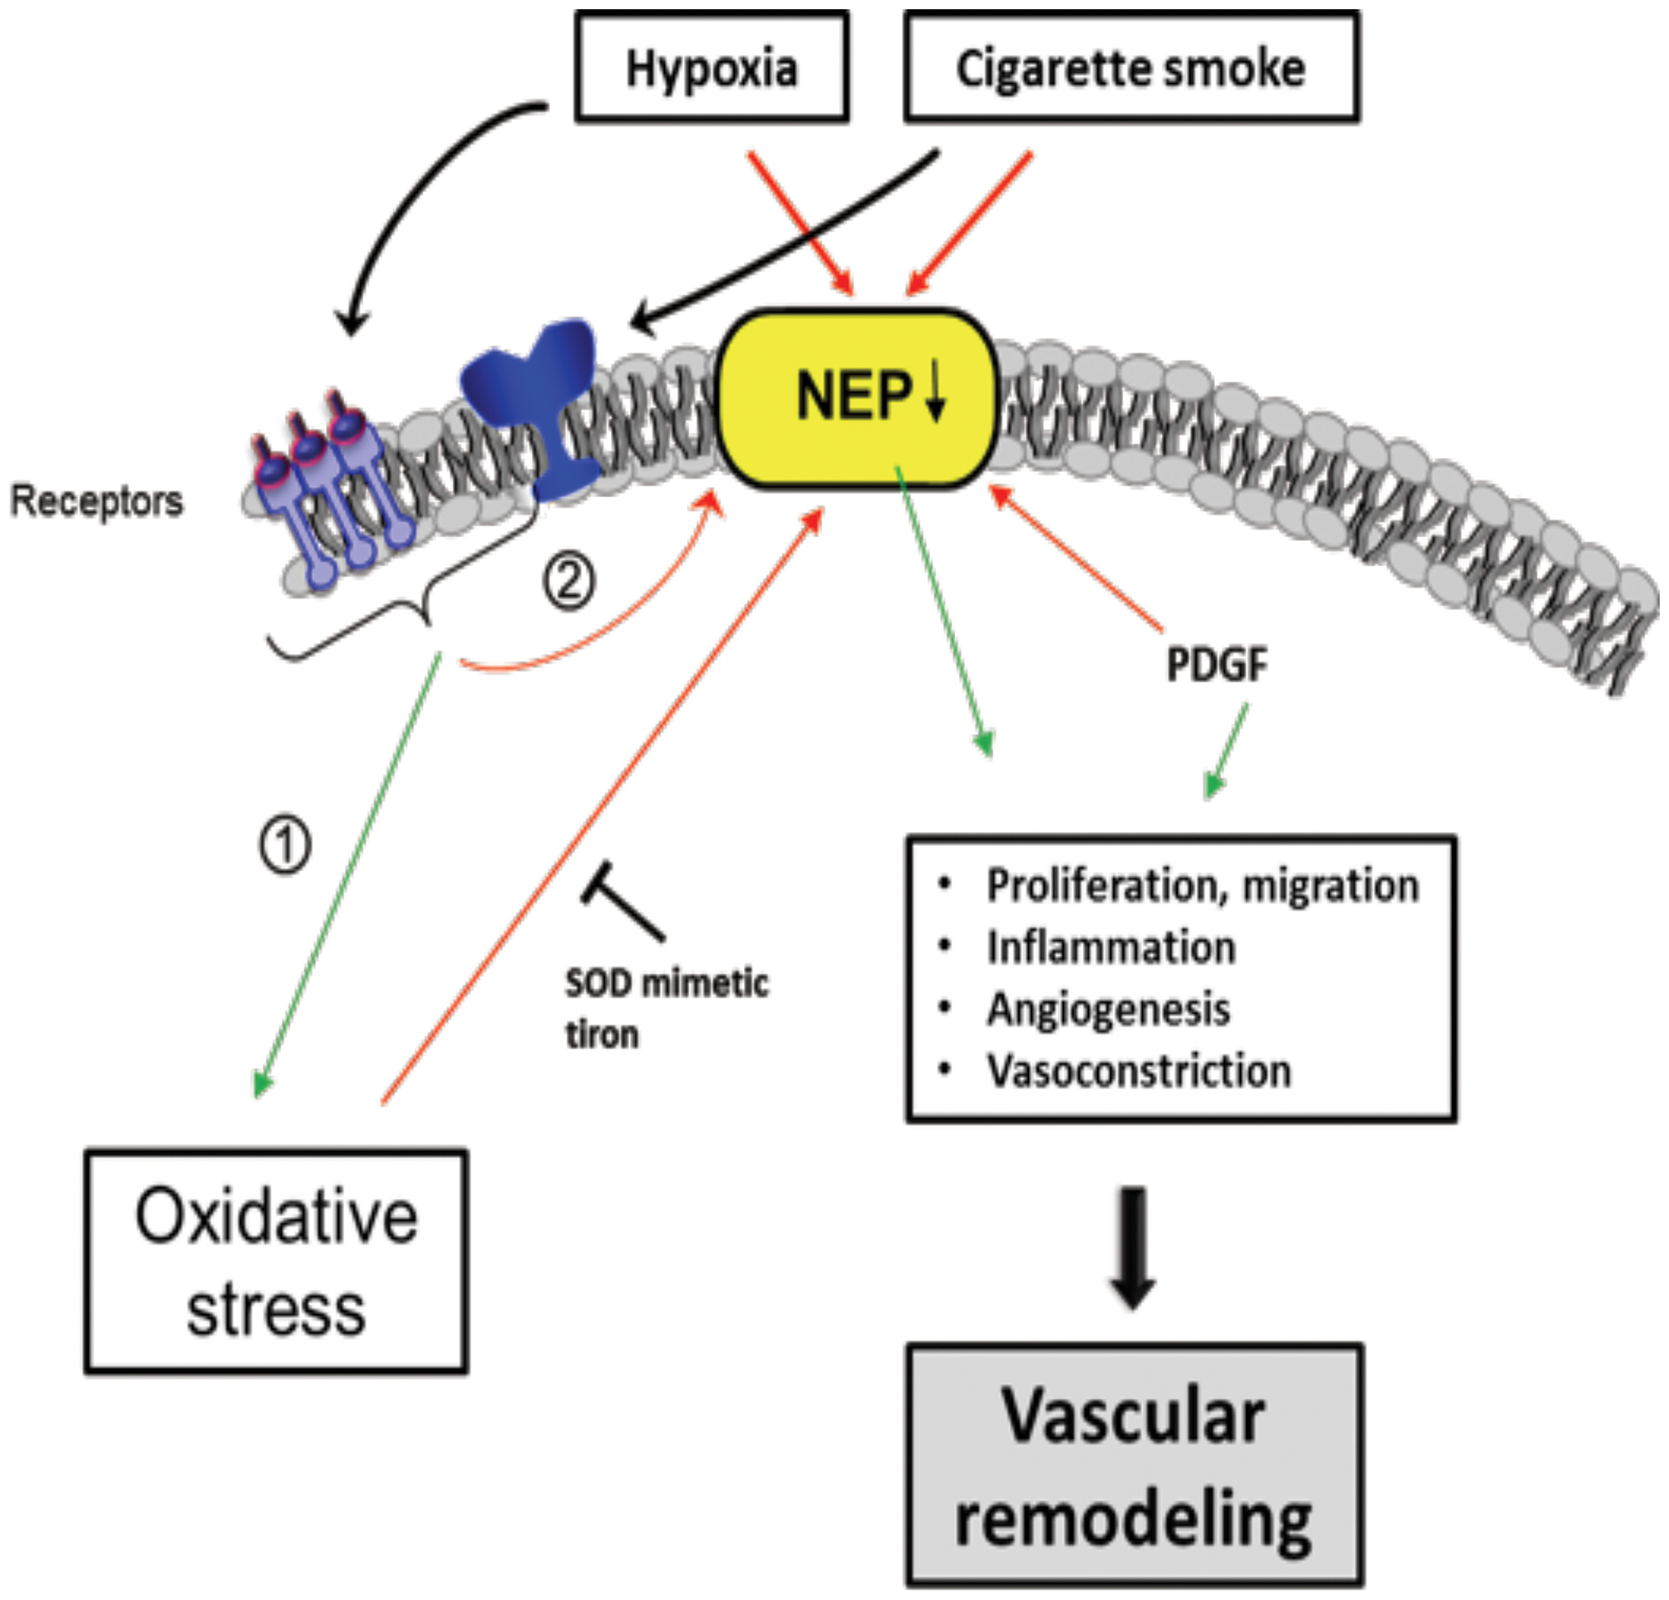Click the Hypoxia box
711,66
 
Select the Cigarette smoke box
1132,66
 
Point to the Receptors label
96,500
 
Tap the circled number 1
285,845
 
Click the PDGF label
1217,664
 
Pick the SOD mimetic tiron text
667,1009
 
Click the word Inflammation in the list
1111,947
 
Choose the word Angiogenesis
1109,1009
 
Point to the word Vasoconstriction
1139,1071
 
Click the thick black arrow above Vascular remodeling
1135,1249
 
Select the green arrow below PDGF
1225,751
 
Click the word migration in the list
1331,886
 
